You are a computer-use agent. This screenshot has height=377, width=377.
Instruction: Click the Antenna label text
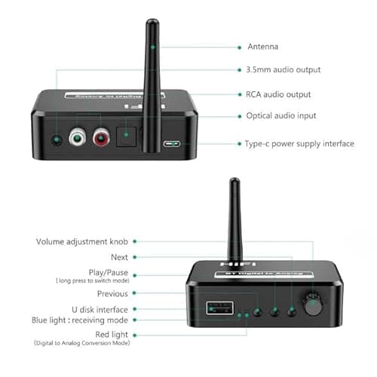(263, 47)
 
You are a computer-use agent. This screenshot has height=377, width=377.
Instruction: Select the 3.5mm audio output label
(284, 70)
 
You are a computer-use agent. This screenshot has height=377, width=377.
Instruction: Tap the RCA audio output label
(278, 94)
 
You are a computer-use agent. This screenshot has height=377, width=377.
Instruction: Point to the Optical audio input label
(281, 116)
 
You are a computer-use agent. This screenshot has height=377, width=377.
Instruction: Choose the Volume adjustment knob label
(83, 242)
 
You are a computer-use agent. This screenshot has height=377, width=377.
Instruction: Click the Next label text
(118, 256)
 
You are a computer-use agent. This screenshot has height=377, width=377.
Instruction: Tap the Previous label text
(112, 294)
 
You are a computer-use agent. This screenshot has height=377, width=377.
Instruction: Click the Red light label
(108, 333)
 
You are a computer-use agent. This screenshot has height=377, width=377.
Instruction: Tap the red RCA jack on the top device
(100, 139)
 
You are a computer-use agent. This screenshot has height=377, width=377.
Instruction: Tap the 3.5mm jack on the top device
(53, 139)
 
